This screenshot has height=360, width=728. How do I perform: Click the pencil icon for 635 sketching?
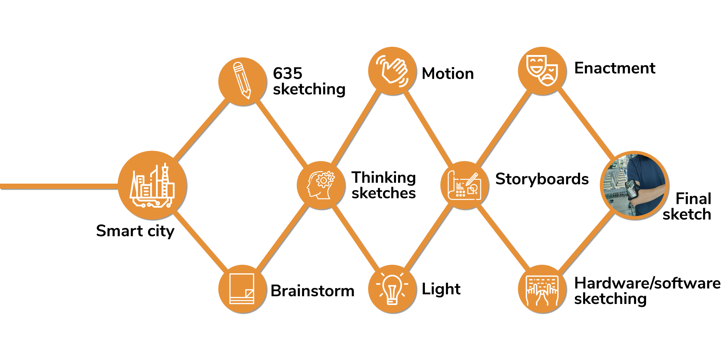243,81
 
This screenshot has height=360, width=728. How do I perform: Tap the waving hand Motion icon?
392,71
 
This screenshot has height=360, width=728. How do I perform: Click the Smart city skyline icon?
152,185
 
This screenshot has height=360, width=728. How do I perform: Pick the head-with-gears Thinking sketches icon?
321,185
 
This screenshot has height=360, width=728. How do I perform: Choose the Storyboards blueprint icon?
464,185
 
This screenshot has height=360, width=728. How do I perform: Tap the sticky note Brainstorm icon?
242,289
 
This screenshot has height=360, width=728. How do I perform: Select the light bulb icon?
392,289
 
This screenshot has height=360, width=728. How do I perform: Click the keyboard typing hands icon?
542,289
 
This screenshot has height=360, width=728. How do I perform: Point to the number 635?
287,73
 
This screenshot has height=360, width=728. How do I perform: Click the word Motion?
448,74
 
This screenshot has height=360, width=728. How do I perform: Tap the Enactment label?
614,68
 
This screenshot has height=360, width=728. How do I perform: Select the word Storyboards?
542,179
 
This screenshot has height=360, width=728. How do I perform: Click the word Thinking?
384,177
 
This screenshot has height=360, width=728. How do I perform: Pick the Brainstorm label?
312,291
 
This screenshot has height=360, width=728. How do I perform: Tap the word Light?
441,289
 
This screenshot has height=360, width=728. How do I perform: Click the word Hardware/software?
647,283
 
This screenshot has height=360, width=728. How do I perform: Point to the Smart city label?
135,231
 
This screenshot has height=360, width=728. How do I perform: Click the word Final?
693,199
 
